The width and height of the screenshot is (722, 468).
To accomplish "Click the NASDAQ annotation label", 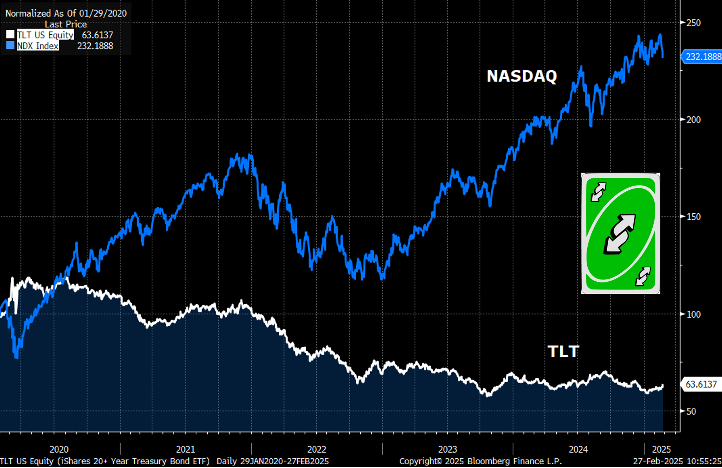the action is click(x=522, y=76).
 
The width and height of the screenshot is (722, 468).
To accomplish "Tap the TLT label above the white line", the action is click(x=563, y=352).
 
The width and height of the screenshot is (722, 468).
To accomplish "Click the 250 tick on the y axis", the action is click(x=694, y=23).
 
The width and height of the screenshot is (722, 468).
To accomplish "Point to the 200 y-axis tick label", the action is click(x=694, y=120).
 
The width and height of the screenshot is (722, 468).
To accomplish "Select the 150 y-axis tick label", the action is click(x=694, y=217).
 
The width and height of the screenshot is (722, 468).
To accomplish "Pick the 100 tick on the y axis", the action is click(x=694, y=314).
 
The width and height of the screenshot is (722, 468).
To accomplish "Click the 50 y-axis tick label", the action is click(x=691, y=411).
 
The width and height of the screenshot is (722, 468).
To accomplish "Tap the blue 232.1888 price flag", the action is click(x=701, y=57).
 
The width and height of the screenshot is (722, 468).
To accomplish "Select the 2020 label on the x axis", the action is click(x=59, y=450).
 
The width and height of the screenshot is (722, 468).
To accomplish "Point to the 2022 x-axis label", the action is click(x=317, y=450).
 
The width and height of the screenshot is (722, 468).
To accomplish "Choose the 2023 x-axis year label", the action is click(x=447, y=450).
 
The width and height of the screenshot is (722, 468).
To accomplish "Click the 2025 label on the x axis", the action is click(x=661, y=450).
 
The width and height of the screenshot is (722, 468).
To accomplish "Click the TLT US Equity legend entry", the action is click(x=45, y=35).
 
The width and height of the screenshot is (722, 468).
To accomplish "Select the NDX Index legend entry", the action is click(x=38, y=46).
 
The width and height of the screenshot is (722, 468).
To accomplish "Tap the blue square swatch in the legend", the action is click(x=10, y=45).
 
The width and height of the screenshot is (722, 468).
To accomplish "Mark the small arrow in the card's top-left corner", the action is click(x=598, y=192).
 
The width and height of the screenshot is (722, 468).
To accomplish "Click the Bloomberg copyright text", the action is click(x=481, y=461).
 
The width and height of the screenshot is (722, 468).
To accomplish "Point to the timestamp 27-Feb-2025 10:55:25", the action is click(x=677, y=461).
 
